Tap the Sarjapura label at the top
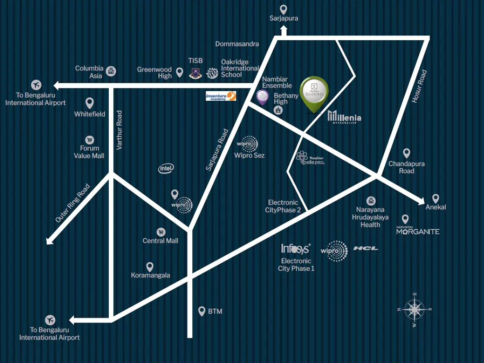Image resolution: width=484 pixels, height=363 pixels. pyautogui.click(x=284, y=18)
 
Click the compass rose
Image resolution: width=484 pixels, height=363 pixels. pyautogui.click(x=415, y=310)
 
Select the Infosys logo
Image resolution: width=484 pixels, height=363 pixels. pyautogui.click(x=295, y=249)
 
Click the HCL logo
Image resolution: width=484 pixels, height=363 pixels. pyautogui.click(x=365, y=248)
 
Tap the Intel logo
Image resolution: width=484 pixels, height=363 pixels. pyautogui.click(x=166, y=168)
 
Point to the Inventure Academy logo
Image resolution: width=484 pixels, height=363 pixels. pyautogui.click(x=221, y=96)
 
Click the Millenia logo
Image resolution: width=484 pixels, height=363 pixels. pyautogui.click(x=345, y=116)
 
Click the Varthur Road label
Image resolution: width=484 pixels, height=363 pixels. pyautogui.click(x=119, y=130)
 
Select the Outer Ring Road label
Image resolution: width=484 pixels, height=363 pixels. pyautogui.click(x=72, y=203)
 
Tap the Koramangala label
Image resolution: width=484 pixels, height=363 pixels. pyautogui.click(x=150, y=275)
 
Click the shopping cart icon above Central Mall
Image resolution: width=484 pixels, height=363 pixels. pyautogui.click(x=161, y=232)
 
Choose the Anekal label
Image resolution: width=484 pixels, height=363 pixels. pyautogui.click(x=435, y=207)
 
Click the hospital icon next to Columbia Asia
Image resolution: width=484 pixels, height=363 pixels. pyautogui.click(x=111, y=71)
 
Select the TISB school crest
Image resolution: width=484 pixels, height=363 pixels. pyautogui.click(x=195, y=73)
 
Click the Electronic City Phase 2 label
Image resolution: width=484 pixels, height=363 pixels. pyautogui.click(x=284, y=207)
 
